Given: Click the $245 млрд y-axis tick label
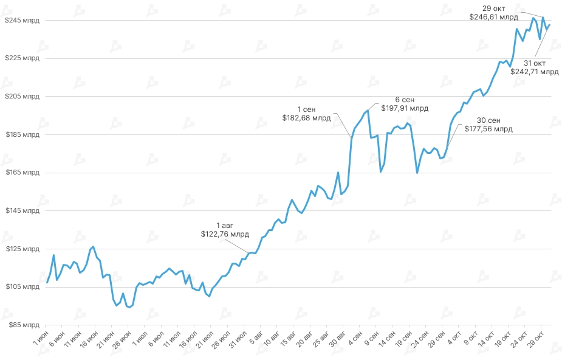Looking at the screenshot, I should point(22,20).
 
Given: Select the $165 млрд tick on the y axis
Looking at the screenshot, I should point(22,173).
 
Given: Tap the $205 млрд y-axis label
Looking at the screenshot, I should point(22,96).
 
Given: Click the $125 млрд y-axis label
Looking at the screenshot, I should point(22,249).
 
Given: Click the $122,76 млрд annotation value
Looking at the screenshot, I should point(225,234).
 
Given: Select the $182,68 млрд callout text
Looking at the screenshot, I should point(306,118).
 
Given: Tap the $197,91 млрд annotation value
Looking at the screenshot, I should point(405,108).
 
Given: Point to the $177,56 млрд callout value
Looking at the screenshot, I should point(488,129).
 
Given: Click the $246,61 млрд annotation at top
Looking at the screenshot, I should point(493,17).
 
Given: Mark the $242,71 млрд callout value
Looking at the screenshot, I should point(534,72).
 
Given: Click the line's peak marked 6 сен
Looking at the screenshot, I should point(368,110).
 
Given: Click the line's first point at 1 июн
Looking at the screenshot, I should point(47,282).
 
